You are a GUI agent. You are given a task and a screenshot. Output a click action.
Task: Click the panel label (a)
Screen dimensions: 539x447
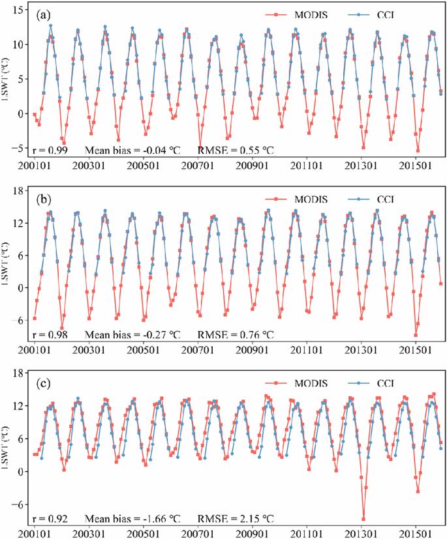coord(44,13)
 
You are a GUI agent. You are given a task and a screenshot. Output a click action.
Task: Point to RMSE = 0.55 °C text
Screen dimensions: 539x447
coord(236,150)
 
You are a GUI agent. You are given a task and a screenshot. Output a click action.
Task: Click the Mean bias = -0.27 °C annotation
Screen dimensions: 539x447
coord(134,334)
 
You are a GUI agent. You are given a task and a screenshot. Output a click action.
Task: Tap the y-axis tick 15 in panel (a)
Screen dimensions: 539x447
coord(19,10)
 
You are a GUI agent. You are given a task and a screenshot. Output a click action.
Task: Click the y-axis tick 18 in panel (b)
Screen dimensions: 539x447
coord(19,190)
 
